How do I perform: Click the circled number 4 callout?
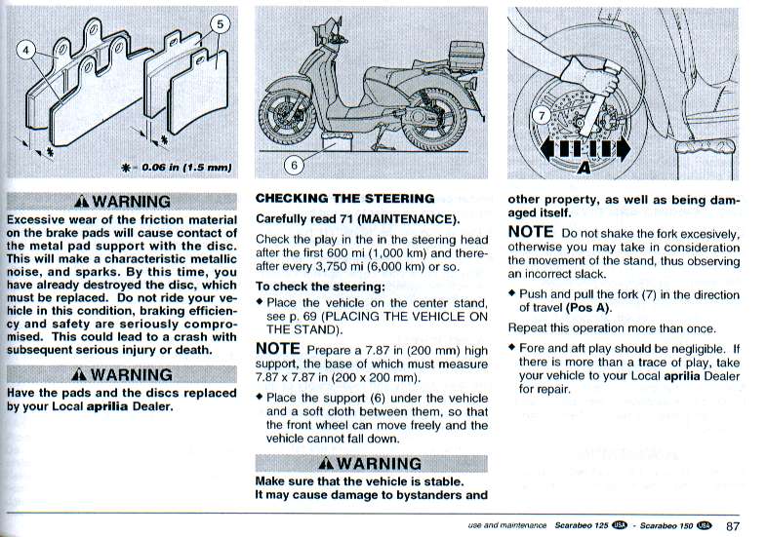[x=26, y=51]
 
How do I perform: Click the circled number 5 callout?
[x=220, y=24]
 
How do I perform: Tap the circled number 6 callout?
[x=294, y=166]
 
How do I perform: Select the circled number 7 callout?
[x=542, y=116]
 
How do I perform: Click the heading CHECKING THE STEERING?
[x=344, y=199]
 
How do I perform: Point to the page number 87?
[x=733, y=525]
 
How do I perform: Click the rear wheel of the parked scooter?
[x=434, y=120]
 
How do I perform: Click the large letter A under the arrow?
[x=584, y=168]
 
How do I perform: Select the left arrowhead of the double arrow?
[x=547, y=148]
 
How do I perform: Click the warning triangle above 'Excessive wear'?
[x=82, y=202]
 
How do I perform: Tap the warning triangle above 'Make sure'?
[x=326, y=463]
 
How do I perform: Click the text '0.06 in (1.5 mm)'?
[x=186, y=168]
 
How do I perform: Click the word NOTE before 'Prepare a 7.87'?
[x=278, y=349]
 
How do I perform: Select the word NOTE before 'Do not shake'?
[x=531, y=232]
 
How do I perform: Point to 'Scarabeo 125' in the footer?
[x=582, y=525]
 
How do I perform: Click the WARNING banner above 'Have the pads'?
[x=122, y=374]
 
